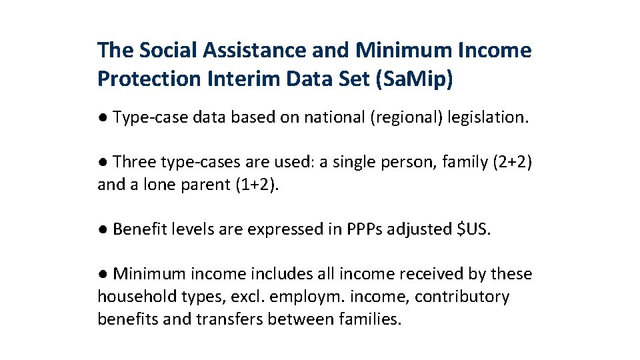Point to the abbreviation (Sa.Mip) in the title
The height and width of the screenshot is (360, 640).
(414, 79)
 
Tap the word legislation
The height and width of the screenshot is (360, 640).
(488, 118)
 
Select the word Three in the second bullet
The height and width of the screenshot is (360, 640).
(133, 162)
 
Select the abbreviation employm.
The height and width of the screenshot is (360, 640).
(306, 297)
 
